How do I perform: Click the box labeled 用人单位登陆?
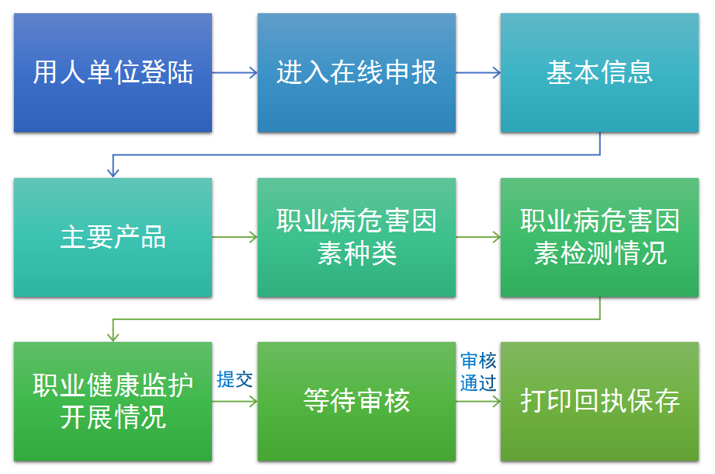(x=113, y=72)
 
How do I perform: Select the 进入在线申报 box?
(x=356, y=72)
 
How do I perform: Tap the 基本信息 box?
(x=599, y=72)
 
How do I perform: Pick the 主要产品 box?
(x=113, y=237)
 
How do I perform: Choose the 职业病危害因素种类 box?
(x=356, y=237)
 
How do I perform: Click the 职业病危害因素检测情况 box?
(x=599, y=237)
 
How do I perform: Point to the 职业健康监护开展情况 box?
(x=113, y=402)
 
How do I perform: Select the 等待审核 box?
(x=356, y=402)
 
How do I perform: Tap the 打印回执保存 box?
(x=599, y=402)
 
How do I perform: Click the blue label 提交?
(x=234, y=379)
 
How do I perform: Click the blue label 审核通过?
(x=478, y=371)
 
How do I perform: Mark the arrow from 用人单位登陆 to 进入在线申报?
(x=234, y=72)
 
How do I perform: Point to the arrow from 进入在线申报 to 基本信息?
(x=478, y=72)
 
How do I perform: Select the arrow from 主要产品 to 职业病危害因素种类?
(x=234, y=237)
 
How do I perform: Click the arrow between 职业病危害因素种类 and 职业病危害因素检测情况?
(x=478, y=237)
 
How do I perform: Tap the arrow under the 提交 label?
(x=234, y=402)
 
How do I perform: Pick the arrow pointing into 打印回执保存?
(x=478, y=402)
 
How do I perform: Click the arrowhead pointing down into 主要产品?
(x=113, y=172)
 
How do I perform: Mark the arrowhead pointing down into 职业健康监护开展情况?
(x=113, y=336)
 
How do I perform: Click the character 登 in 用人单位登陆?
(x=154, y=72)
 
